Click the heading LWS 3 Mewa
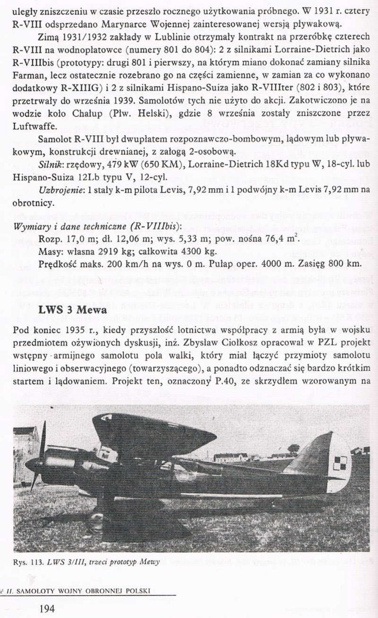pyautogui.click(x=72, y=310)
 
